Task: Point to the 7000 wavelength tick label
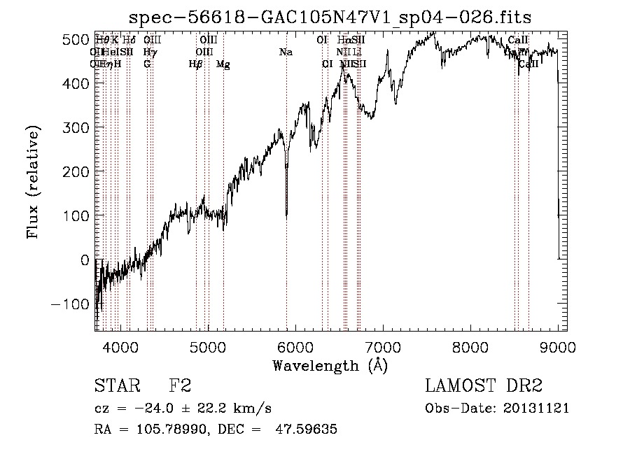(383, 346)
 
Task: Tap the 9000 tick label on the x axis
(558, 346)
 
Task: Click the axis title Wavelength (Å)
(330, 365)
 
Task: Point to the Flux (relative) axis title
(33, 182)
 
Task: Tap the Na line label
(286, 52)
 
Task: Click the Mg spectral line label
(223, 64)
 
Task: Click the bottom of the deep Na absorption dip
(286, 217)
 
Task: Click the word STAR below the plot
(115, 386)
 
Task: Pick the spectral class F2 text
(180, 386)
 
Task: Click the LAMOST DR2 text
(484, 386)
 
